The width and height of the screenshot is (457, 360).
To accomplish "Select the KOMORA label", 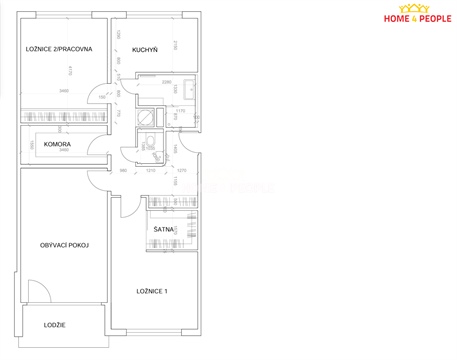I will pyautogui.click(x=58, y=144).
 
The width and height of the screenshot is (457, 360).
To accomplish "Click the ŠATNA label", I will pyautogui.click(x=164, y=229).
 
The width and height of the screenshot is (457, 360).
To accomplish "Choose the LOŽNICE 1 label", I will pyautogui.click(x=152, y=291).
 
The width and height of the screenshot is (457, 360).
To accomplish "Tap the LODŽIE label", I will pyautogui.click(x=54, y=324).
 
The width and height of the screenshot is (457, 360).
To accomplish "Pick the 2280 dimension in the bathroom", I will pyautogui.click(x=167, y=82).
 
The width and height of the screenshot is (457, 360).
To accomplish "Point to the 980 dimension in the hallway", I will pyautogui.click(x=123, y=171).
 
